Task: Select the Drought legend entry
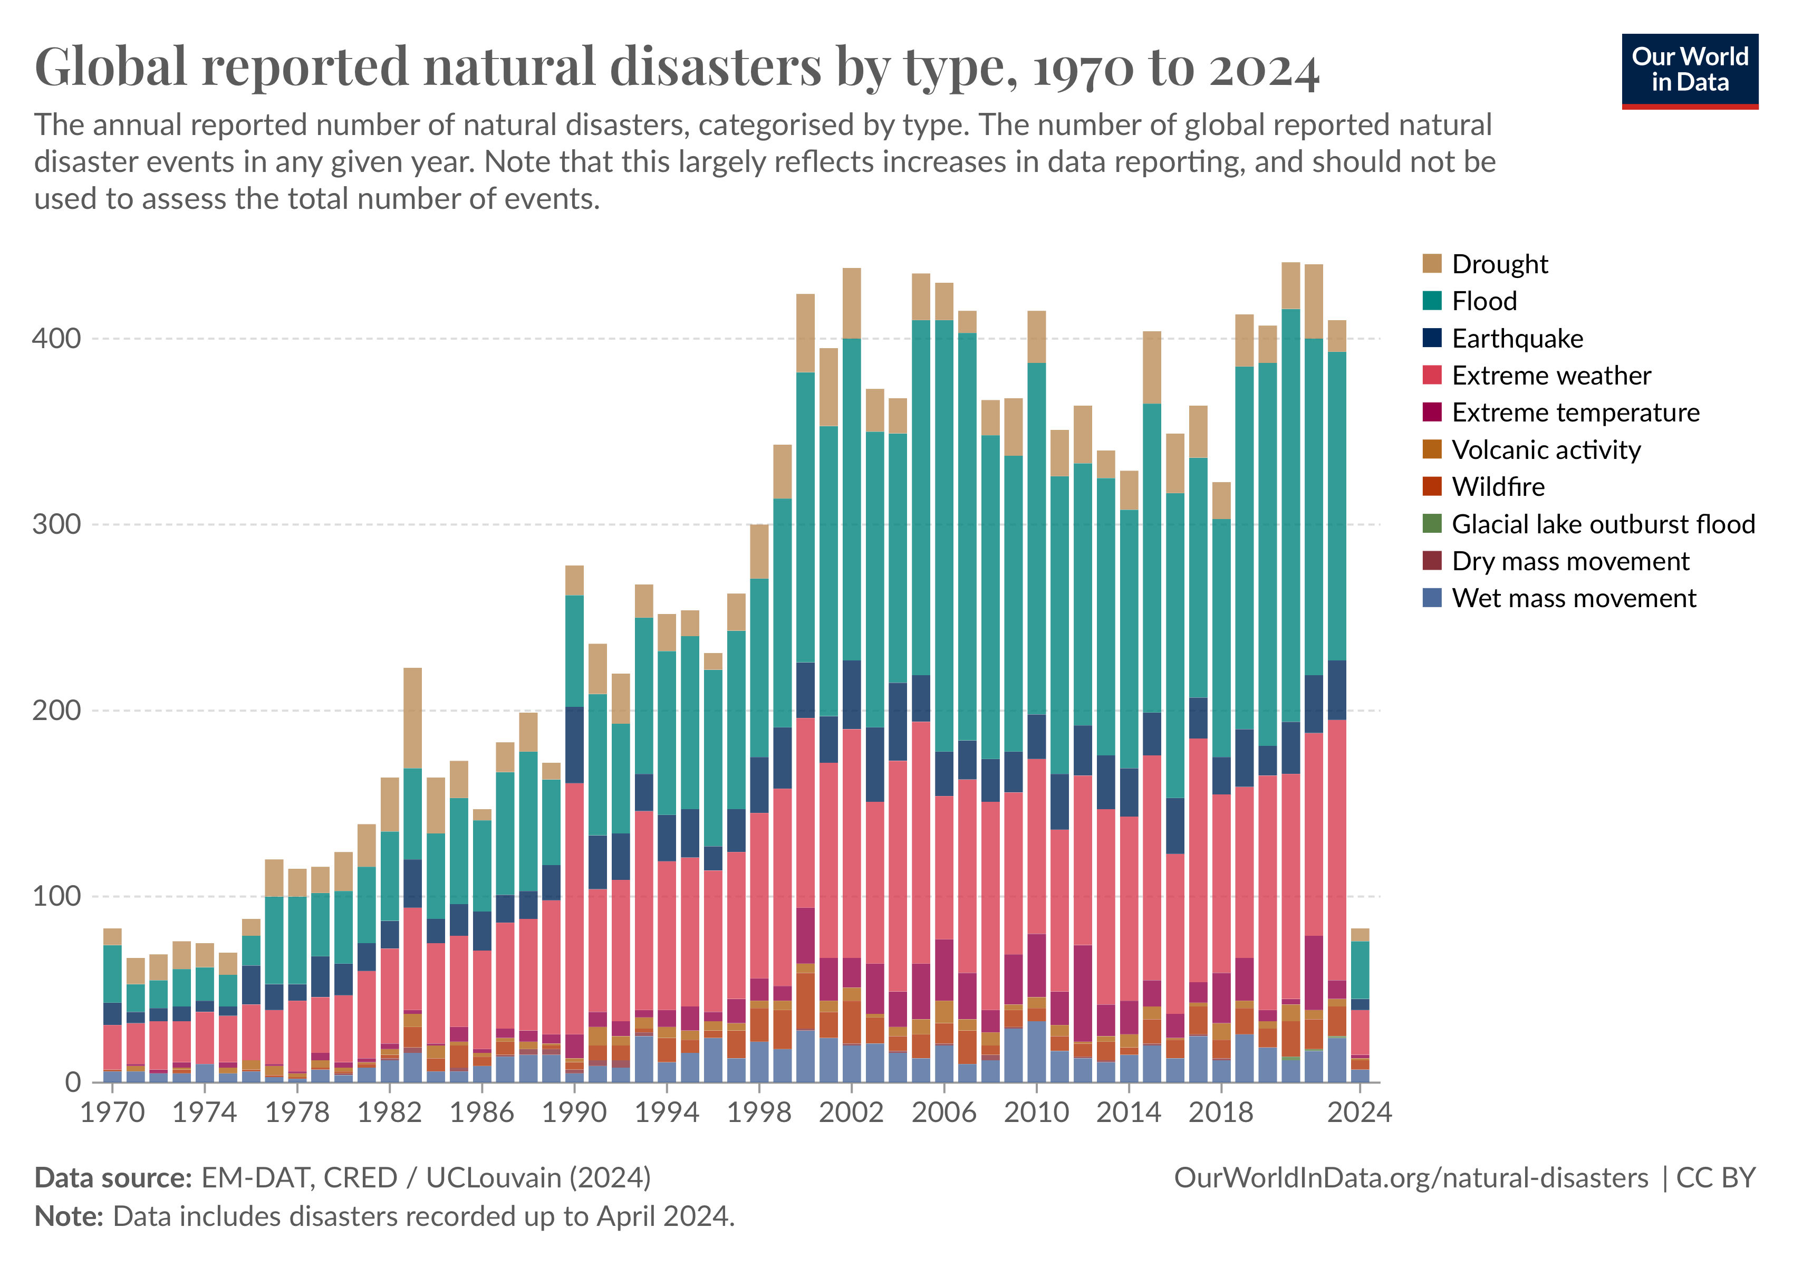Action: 1499,264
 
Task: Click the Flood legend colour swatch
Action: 1431,301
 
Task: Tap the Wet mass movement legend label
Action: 1574,598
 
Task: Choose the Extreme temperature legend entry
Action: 1574,413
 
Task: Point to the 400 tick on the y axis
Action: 56,338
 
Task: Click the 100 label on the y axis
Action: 56,896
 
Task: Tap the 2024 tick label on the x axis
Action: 1360,1112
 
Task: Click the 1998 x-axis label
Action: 759,1112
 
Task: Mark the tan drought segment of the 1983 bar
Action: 412,718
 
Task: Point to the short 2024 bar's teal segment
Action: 1360,969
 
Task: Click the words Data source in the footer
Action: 113,1178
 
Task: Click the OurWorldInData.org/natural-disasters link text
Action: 1410,1178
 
